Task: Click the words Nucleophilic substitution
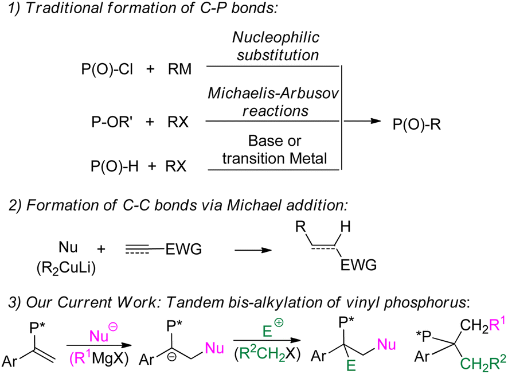(275, 46)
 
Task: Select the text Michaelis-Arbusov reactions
(275, 101)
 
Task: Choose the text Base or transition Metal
(275, 149)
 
